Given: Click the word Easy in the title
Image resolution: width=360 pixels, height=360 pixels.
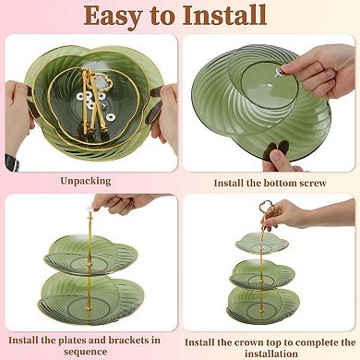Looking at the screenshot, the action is (113, 16).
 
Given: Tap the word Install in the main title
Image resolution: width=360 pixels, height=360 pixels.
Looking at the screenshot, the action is (224, 15).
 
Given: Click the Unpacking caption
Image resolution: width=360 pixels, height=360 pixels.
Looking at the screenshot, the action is (86, 181).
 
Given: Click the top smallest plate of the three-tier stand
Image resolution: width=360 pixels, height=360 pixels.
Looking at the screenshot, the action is (262, 243).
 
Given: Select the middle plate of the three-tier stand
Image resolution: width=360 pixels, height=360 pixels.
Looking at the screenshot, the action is (262, 274).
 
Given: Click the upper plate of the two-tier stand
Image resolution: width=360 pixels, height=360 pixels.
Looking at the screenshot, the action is (90, 255).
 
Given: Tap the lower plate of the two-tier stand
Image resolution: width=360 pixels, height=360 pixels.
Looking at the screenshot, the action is (91, 295).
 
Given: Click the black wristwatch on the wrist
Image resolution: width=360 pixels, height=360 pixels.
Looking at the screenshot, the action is (12, 162).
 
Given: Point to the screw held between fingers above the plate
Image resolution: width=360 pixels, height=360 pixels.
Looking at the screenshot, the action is (281, 72).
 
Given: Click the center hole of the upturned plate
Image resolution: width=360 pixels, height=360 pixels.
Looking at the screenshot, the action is (270, 84).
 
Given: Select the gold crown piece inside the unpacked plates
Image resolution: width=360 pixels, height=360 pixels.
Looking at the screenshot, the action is (103, 79).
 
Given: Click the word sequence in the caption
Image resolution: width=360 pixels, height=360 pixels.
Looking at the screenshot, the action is (86, 352).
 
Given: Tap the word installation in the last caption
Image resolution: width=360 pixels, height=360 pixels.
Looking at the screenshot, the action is (271, 354).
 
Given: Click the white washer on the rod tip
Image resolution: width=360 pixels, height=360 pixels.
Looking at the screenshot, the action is (90, 209).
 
